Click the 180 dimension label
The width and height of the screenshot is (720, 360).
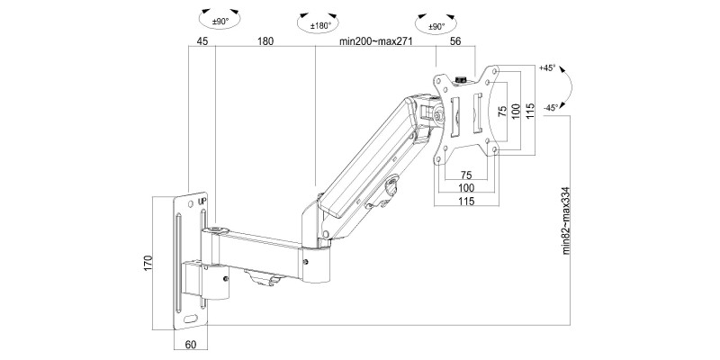pyautogui.click(x=265, y=41)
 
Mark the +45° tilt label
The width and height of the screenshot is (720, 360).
pyautogui.click(x=547, y=68)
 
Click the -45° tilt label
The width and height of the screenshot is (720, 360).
pyautogui.click(x=549, y=105)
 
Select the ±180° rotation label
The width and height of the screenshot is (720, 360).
pyautogui.click(x=321, y=25)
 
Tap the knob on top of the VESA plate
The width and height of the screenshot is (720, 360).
pyautogui.click(x=461, y=79)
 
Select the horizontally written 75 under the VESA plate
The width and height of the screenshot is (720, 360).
pyautogui.click(x=466, y=175)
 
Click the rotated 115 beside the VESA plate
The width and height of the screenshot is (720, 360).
pyautogui.click(x=531, y=112)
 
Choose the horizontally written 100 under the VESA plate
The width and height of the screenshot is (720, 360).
pyautogui.click(x=466, y=189)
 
